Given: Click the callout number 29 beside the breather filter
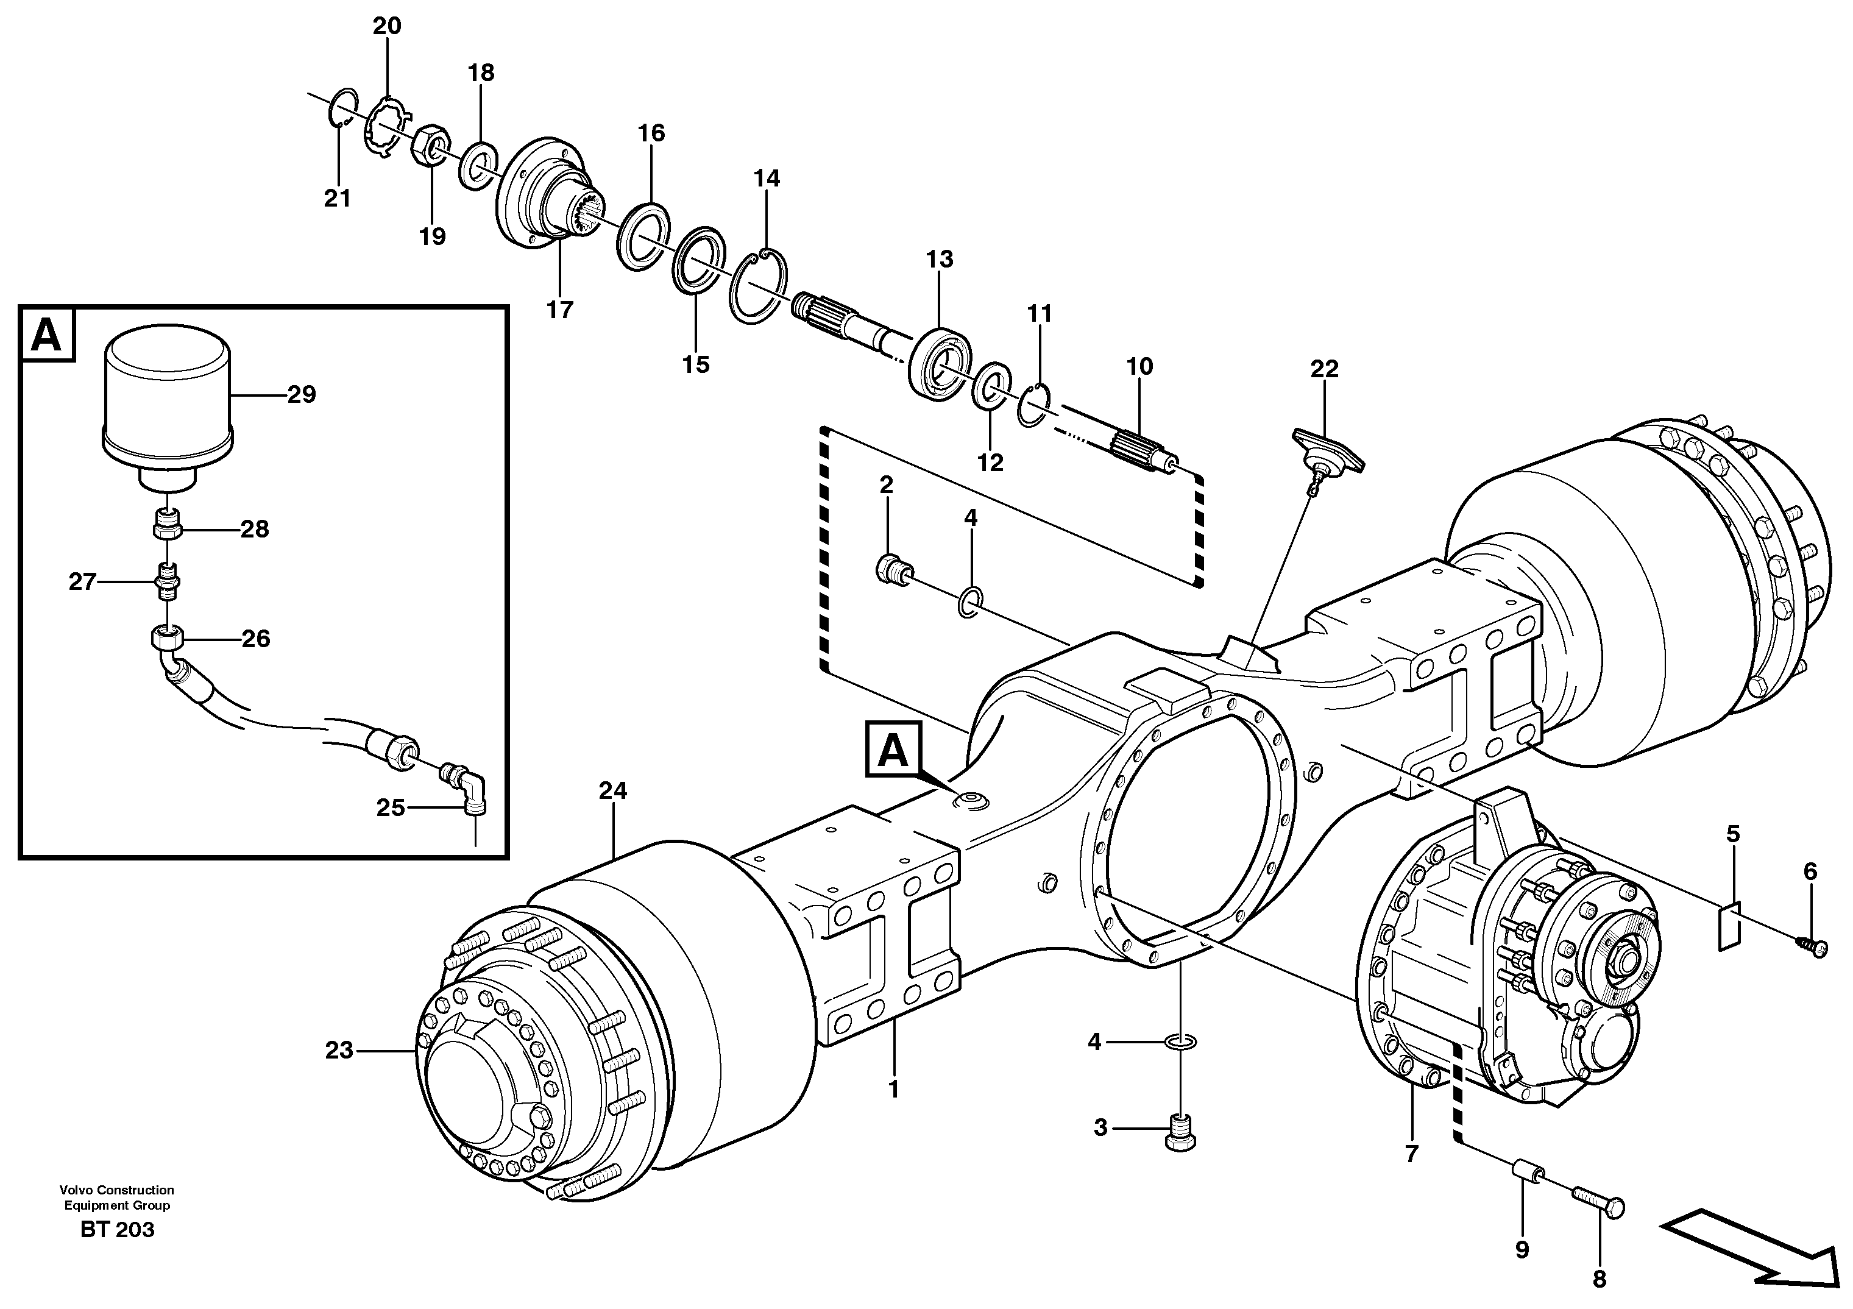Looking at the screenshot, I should click(301, 395).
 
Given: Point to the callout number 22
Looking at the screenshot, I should click(1324, 369).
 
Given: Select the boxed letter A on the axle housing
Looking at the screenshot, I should click(893, 751).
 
